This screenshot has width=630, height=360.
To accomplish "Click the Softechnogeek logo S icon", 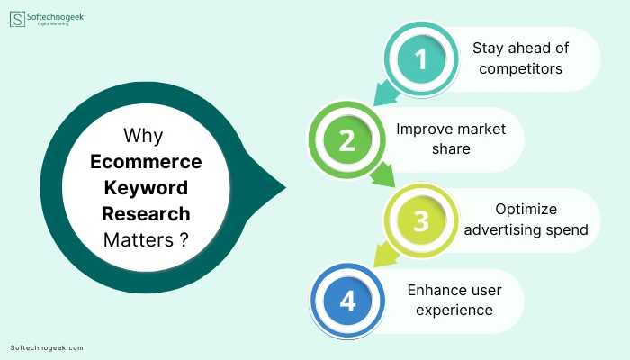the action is pos(17,19).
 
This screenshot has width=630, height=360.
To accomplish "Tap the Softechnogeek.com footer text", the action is pos(47,348).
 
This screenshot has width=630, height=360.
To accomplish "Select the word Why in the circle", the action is pos(143,135).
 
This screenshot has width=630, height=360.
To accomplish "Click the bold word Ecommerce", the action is pos(146,161).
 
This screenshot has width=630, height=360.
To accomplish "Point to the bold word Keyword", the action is pos(146,188).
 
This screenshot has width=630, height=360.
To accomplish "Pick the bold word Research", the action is pos(146,214).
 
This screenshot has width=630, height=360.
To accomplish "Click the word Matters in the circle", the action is pos(139,240).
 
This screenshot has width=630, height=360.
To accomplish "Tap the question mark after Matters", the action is pos(184,239).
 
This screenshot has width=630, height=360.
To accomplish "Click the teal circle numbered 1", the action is pos(421,59).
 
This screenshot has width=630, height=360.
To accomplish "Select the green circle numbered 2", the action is pos(346,139).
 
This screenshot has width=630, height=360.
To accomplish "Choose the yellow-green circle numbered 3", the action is pos(421,220).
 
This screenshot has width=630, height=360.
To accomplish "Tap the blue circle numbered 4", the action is pos(347,301).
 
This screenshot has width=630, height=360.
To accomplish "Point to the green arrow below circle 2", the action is pos(383,175).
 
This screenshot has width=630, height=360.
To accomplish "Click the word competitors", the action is pos(521,69).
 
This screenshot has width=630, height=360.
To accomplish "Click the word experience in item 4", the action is pos(454,310).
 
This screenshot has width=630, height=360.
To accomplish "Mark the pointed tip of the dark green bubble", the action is pos(285,187).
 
